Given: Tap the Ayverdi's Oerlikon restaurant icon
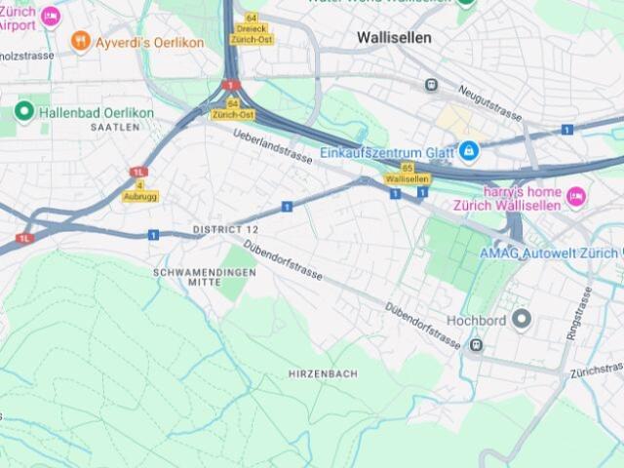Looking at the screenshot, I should [x=81, y=42].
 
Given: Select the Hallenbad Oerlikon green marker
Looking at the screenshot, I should [x=24, y=112].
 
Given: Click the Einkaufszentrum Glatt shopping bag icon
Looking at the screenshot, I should [x=469, y=152].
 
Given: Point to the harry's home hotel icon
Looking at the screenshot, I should [x=576, y=197].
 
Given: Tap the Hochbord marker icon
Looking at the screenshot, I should [x=522, y=319].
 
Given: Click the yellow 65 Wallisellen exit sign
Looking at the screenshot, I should [x=407, y=174].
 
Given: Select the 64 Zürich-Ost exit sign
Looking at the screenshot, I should [x=233, y=109].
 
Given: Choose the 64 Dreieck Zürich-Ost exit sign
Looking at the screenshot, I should [x=252, y=29].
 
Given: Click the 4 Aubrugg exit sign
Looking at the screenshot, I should [x=140, y=190].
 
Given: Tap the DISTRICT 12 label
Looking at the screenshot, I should [x=225, y=229].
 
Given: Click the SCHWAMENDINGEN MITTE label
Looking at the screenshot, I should [x=205, y=277].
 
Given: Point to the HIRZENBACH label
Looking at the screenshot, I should [x=323, y=373].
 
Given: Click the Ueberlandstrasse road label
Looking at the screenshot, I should [x=273, y=146].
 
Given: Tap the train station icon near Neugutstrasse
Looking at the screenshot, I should [x=431, y=85].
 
